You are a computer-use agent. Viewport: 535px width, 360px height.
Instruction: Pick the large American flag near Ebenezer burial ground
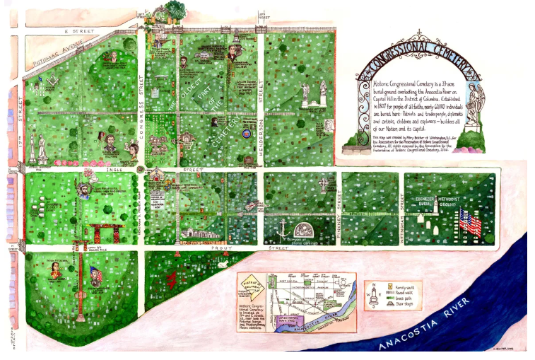(470, 222)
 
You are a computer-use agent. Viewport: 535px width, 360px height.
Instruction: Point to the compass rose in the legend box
(372, 294)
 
